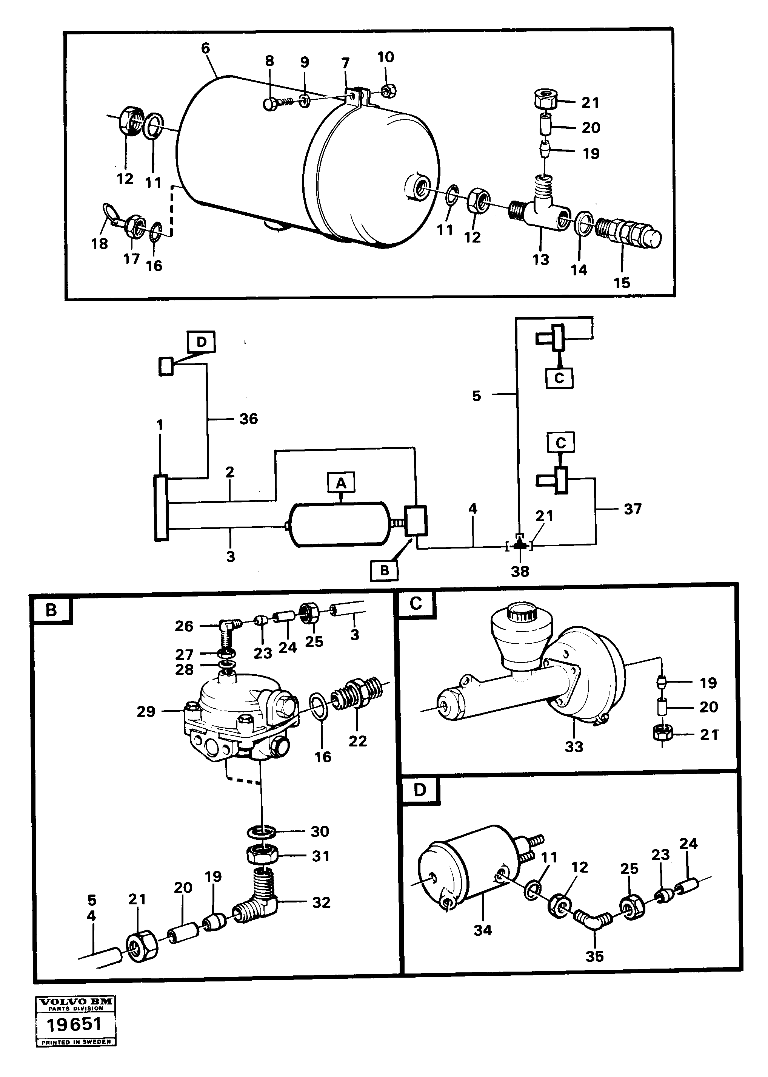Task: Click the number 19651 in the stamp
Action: click(74, 1024)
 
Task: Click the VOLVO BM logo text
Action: click(75, 1002)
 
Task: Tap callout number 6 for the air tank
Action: click(205, 48)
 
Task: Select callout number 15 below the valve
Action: click(622, 283)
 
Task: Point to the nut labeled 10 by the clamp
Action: click(390, 90)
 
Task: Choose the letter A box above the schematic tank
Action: click(341, 483)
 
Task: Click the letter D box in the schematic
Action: click(202, 342)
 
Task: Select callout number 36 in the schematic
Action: click(248, 419)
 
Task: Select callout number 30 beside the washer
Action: click(320, 831)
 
